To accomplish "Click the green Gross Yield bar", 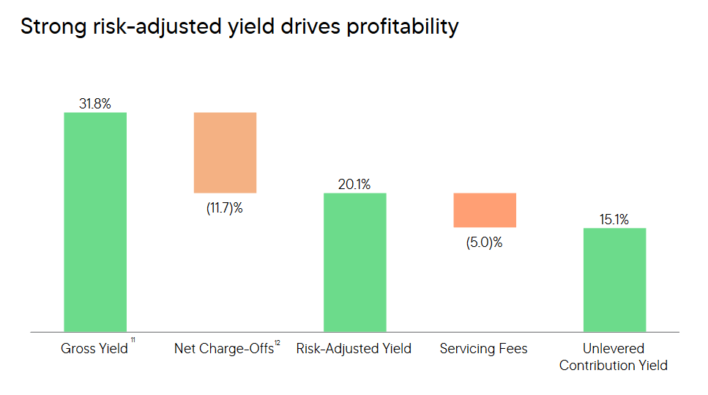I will pyautogui.click(x=95, y=222).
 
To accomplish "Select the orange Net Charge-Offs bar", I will pyautogui.click(x=225, y=152).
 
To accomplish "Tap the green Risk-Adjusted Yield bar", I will pyautogui.click(x=354, y=262).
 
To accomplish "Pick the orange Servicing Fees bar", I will pyautogui.click(x=485, y=210).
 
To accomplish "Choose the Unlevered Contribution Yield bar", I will pyautogui.click(x=614, y=280).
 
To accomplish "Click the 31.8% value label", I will pyautogui.click(x=95, y=104).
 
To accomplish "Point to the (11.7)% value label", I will pyautogui.click(x=224, y=208).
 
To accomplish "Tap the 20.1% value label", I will pyautogui.click(x=354, y=185).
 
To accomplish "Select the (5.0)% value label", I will pyautogui.click(x=484, y=243).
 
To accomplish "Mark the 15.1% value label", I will pyautogui.click(x=614, y=219).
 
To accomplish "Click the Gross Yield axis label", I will pyautogui.click(x=94, y=349).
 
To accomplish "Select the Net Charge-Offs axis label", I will pyautogui.click(x=223, y=349).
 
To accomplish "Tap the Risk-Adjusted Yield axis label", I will pyautogui.click(x=354, y=349).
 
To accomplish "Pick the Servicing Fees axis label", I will pyautogui.click(x=483, y=349).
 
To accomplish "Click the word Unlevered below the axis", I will pyautogui.click(x=614, y=349).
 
